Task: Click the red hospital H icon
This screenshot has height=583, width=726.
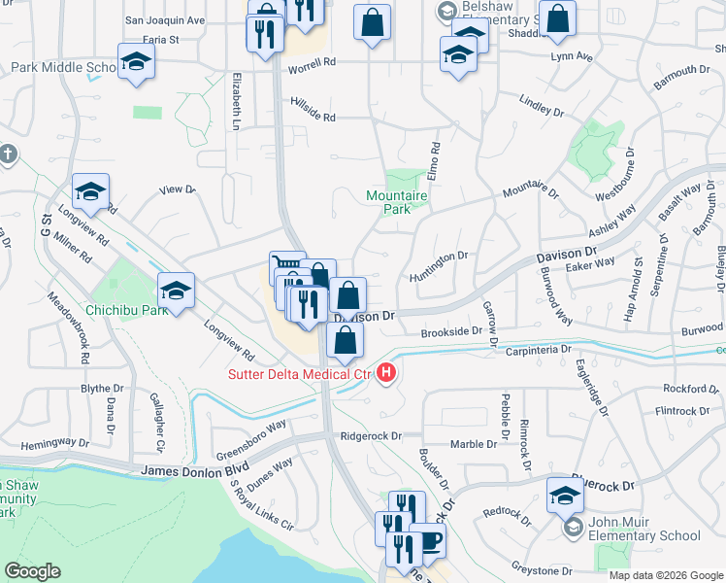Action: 387,372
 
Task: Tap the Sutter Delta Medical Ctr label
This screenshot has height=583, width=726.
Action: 300,374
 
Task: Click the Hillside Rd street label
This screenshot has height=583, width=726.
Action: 312,117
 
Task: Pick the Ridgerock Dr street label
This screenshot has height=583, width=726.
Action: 370,436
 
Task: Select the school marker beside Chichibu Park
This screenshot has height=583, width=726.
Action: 177,291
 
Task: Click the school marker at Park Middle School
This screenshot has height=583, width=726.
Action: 137,62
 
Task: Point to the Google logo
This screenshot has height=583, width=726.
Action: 32,571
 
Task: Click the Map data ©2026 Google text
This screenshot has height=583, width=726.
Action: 666,574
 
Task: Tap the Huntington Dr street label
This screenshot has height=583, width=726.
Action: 440,257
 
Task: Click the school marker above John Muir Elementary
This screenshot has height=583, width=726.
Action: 565,495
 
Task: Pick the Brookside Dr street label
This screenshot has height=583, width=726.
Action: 451,332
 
